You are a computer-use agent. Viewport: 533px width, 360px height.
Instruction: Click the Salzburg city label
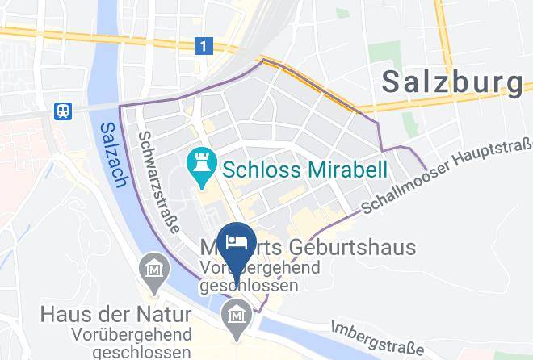pos(451,81)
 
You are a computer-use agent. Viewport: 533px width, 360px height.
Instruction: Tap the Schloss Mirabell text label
pos(305,170)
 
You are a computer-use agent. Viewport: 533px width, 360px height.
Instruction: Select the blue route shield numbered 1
pos(206,48)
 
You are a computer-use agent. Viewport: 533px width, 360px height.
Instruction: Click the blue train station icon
pos(63,111)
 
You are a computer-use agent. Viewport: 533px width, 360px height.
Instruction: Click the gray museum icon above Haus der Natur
pos(153,270)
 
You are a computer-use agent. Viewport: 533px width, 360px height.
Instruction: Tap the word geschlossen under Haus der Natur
pos(142,351)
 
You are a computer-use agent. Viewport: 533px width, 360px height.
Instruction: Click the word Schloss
pos(258,170)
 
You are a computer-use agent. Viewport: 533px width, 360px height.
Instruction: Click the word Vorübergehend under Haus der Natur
pos(142,333)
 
